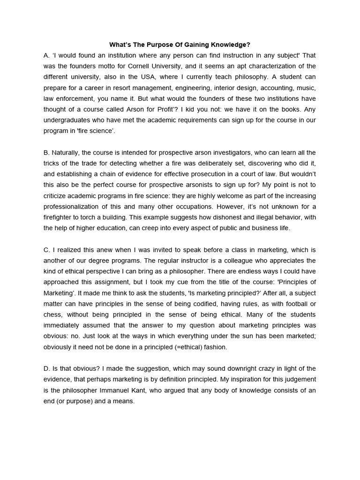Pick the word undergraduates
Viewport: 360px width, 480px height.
pos(69,120)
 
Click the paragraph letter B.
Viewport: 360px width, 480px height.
pos(45,153)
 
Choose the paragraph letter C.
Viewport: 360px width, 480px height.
pos(45,250)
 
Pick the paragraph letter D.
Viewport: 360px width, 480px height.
pos(45,369)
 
